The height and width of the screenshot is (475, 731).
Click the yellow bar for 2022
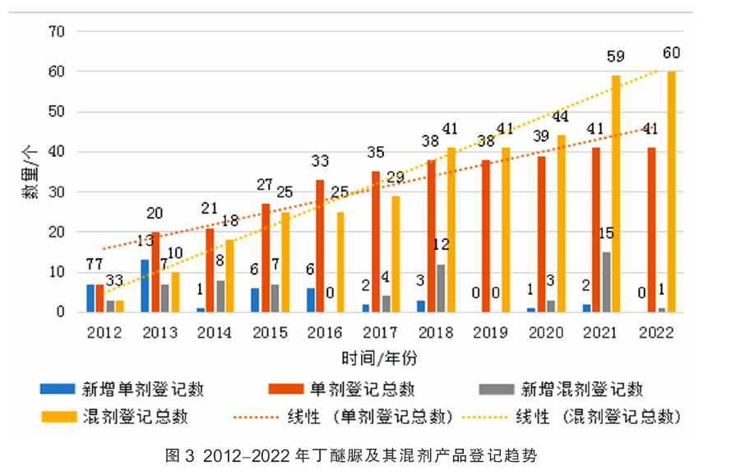(672, 191)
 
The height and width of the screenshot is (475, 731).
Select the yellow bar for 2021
(616, 194)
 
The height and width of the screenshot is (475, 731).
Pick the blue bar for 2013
(146, 286)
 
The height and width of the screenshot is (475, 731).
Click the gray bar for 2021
(606, 282)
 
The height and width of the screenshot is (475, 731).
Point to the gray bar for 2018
(442, 288)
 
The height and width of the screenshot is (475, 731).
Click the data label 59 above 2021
(615, 58)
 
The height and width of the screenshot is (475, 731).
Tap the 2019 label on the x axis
(491, 332)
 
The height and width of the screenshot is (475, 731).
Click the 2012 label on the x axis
(104, 332)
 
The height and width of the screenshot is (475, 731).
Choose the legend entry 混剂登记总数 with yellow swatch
(132, 417)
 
